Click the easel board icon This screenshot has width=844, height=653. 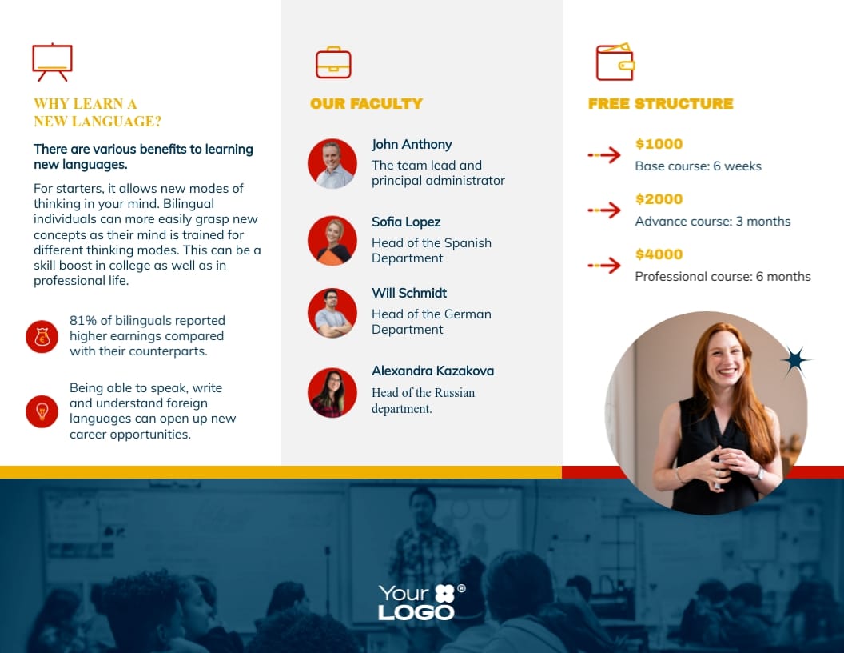pyautogui.click(x=52, y=61)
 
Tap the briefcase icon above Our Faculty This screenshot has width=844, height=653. pyautogui.click(x=333, y=63)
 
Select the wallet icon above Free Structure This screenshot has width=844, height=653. pyautogui.click(x=615, y=62)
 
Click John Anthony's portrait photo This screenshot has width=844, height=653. pyautogui.click(x=332, y=163)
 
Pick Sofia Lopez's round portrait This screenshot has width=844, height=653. pyautogui.click(x=332, y=240)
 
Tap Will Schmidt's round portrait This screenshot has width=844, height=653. pyautogui.click(x=332, y=312)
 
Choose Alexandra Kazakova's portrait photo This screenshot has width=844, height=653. pyautogui.click(x=332, y=392)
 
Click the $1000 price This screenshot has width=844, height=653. pyautogui.click(x=659, y=144)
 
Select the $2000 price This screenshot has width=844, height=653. pyautogui.click(x=659, y=199)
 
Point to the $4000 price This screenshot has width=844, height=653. pyautogui.click(x=659, y=254)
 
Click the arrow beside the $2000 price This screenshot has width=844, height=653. pyautogui.click(x=604, y=210)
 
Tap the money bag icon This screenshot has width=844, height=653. pyautogui.click(x=42, y=337)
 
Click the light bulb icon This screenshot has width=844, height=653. pyautogui.click(x=42, y=411)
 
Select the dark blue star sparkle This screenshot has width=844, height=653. pyautogui.click(x=794, y=361)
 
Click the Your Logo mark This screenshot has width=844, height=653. pyautogui.click(x=416, y=603)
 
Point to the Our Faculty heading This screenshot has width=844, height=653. pyautogui.click(x=366, y=103)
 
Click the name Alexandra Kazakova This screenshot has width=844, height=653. pyautogui.click(x=432, y=371)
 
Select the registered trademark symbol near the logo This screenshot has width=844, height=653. pyautogui.click(x=461, y=589)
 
